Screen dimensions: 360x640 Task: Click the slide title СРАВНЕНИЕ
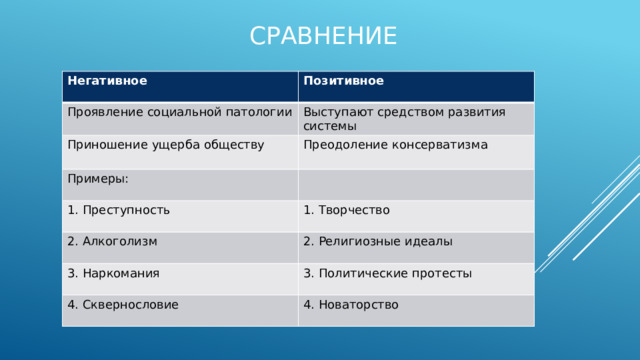(x=322, y=36)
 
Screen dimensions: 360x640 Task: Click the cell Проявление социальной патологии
(x=179, y=111)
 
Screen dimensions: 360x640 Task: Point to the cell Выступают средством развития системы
(x=404, y=119)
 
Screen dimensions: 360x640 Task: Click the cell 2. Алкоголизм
(x=112, y=241)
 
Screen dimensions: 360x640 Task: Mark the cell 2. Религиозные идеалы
(x=378, y=241)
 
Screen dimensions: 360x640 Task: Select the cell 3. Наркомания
(x=114, y=273)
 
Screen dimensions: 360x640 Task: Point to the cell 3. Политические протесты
(x=388, y=273)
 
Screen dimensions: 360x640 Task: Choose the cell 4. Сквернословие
(x=123, y=304)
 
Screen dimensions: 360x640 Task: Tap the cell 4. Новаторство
(x=351, y=304)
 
